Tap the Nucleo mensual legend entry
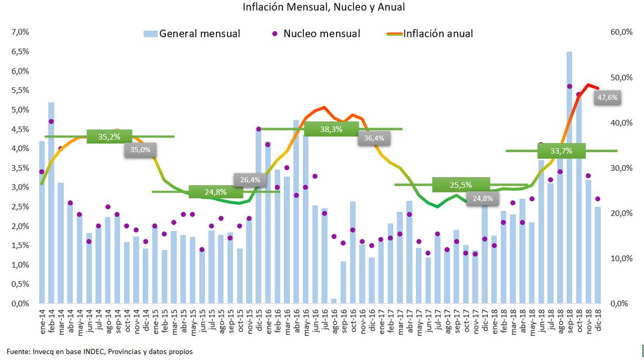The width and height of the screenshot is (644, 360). (x=317, y=34)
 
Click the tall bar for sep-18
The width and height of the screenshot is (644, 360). (x=569, y=177)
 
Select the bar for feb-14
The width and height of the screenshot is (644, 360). (x=51, y=204)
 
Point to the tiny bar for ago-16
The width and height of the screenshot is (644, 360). (x=334, y=301)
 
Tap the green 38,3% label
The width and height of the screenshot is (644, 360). (x=331, y=129)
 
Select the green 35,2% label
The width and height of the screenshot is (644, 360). (x=109, y=137)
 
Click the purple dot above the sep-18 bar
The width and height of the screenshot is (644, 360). (x=569, y=86)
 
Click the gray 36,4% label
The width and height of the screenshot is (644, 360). (x=374, y=138)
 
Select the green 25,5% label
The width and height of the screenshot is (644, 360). (x=461, y=185)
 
